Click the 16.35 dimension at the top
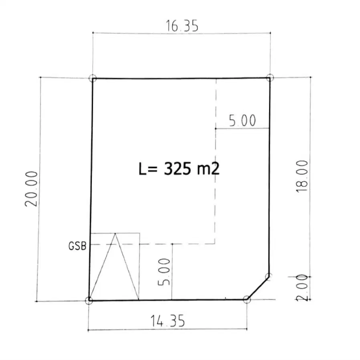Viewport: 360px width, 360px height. tap(182, 26)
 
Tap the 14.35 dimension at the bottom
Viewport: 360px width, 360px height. tap(168, 321)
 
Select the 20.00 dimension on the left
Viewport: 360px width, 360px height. tap(31, 189)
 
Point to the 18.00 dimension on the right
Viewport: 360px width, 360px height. tap(302, 176)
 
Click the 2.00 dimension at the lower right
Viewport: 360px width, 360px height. tap(302, 288)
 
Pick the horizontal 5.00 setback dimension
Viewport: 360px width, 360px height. tap(243, 121)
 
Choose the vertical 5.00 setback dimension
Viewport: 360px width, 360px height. tap(164, 272)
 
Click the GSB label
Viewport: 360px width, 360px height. tap(77, 246)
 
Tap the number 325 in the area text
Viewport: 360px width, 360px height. tap(177, 169)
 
